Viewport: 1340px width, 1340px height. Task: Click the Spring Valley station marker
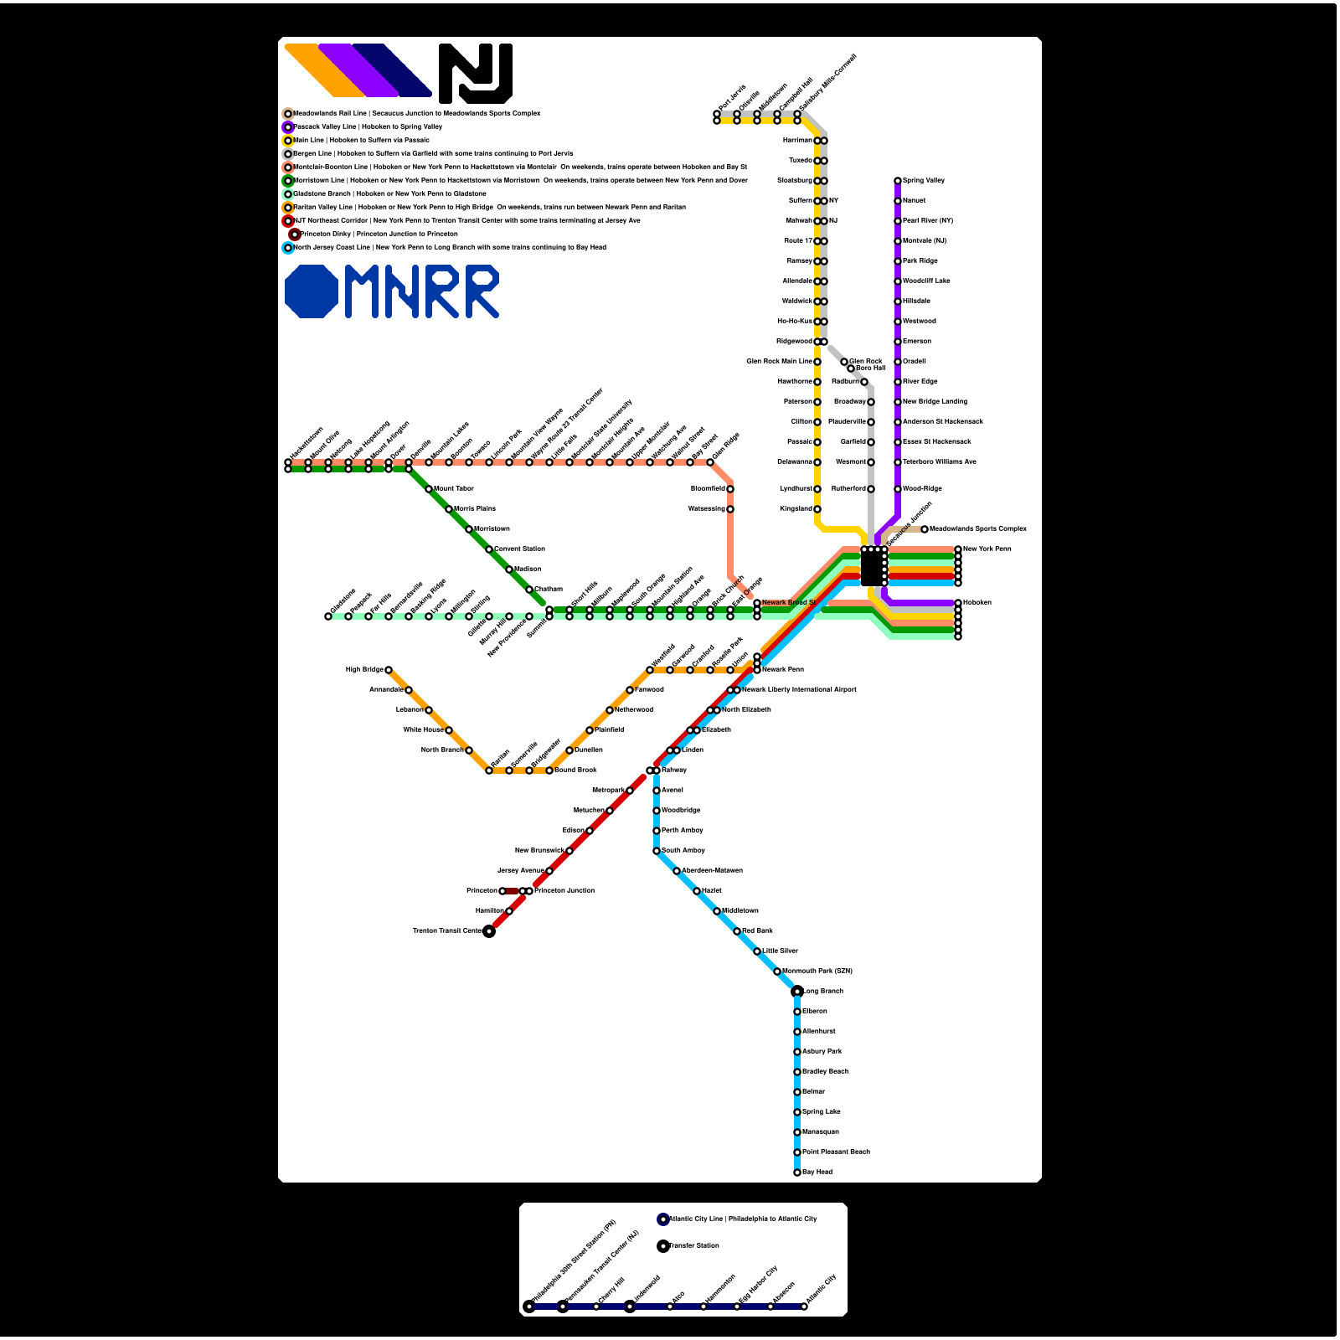898,181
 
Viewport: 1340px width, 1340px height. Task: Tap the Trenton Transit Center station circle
489,931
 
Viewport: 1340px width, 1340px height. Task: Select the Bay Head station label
817,1172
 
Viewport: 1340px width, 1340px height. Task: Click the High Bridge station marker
389,670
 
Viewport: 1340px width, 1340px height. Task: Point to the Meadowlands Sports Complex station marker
925,529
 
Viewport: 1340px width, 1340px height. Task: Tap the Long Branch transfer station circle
797,992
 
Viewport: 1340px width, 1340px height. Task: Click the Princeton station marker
502,891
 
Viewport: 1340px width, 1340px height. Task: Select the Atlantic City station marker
804,1306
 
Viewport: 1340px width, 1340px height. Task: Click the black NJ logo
476,74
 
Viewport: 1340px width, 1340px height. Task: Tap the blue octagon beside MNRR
312,291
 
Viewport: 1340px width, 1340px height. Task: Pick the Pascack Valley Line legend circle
288,127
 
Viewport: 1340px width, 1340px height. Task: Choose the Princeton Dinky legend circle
295,234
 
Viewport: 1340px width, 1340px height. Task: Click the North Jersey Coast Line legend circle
288,248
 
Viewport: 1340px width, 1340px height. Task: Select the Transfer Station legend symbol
663,1246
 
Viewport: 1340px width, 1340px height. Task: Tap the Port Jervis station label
732,97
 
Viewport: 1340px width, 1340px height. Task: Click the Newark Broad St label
788,603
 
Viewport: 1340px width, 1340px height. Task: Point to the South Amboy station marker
657,851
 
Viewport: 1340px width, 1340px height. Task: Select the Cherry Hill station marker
596,1306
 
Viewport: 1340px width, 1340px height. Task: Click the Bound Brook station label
576,770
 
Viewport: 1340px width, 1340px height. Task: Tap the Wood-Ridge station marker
898,489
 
